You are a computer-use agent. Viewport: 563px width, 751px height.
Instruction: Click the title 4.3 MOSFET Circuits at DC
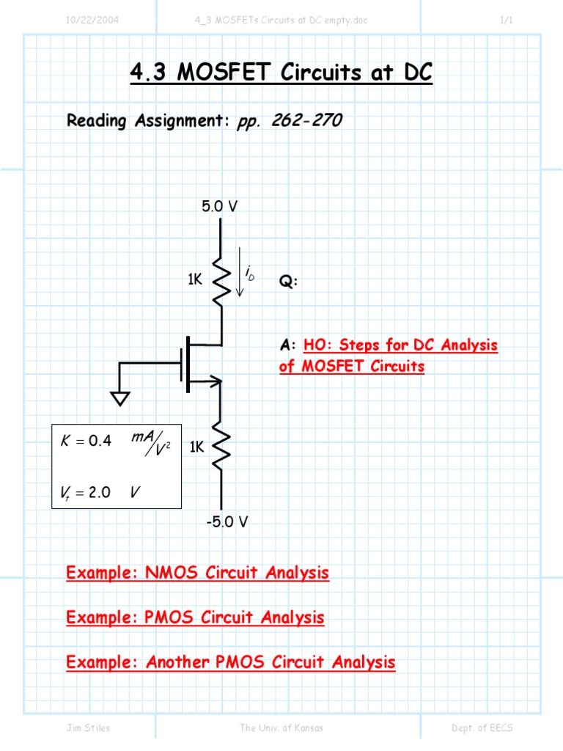point(281,73)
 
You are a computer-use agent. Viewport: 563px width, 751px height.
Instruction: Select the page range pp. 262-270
point(289,121)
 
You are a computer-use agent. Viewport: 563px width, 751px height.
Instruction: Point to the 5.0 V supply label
point(220,207)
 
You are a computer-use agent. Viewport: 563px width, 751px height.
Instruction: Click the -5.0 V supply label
point(226,522)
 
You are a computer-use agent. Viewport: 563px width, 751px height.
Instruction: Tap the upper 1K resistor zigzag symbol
point(221,279)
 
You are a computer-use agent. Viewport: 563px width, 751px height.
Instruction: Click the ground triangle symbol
point(120,398)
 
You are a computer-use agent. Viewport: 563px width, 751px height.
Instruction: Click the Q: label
point(288,282)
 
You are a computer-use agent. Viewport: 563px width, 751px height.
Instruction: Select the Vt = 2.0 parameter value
point(84,492)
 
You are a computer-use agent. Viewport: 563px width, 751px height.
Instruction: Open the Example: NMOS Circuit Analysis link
point(197,573)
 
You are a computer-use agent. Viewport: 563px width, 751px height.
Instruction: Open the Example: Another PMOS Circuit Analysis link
point(230,662)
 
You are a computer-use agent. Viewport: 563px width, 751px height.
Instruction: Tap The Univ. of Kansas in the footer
point(281,728)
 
